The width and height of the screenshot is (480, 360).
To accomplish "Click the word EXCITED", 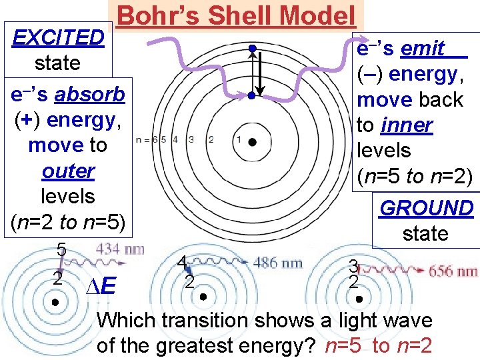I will point(59,37).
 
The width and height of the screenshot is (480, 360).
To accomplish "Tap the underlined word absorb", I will point(90,95).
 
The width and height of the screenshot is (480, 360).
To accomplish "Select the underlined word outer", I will point(68,171).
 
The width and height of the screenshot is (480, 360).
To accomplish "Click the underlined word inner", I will point(408,125).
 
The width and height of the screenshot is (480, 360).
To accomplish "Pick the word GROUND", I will point(426,208).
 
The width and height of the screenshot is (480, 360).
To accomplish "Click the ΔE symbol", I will point(101,287).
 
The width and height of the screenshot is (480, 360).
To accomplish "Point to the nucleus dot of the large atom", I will point(253,141).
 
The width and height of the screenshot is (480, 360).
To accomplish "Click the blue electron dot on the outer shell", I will point(253,48).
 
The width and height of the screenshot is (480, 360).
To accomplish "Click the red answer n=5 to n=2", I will point(378,345).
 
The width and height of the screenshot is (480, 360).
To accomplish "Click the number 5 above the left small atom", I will point(60,250).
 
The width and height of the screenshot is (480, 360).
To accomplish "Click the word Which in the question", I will point(126,320).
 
